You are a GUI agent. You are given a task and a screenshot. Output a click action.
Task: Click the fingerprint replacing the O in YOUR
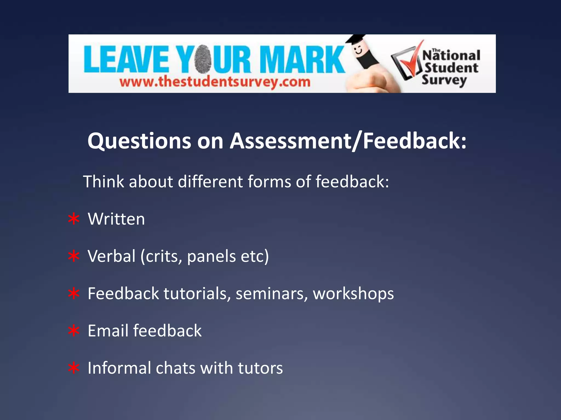click(x=203, y=59)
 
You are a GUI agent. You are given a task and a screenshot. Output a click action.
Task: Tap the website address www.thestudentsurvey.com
click(x=215, y=82)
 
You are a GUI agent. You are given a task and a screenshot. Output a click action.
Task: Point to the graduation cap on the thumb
click(x=355, y=39)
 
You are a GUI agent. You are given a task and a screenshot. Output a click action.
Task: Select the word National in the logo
click(x=451, y=56)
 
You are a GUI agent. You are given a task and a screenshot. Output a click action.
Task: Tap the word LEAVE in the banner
click(x=126, y=60)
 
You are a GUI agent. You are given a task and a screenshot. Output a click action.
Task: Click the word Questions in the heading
click(x=139, y=141)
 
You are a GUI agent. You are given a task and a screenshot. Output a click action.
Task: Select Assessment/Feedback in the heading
click(x=348, y=141)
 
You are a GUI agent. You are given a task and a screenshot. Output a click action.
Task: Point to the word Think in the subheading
click(x=104, y=182)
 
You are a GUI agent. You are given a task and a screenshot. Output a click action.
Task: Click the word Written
click(x=116, y=219)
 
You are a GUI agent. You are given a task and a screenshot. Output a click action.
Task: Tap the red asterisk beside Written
click(x=74, y=219)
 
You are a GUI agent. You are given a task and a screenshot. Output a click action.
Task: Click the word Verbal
click(x=111, y=256)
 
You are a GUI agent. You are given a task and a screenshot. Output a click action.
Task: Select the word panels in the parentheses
click(x=211, y=256)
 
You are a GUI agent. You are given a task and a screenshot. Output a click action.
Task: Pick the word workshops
click(x=353, y=294)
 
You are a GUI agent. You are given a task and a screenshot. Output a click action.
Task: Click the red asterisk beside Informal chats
click(x=74, y=368)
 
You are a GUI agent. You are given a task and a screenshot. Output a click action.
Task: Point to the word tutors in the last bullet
click(x=260, y=368)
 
